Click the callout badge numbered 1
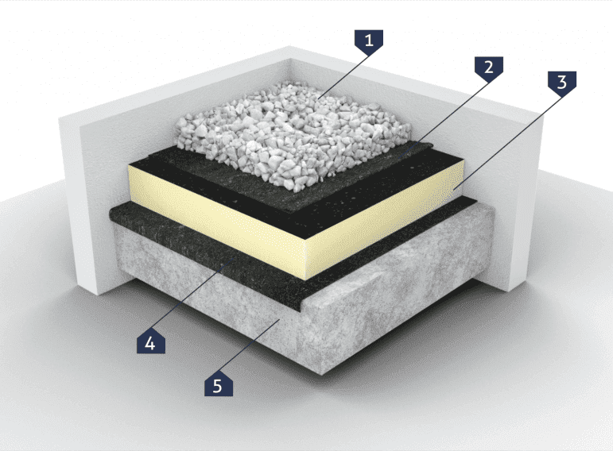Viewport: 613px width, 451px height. tap(369, 40)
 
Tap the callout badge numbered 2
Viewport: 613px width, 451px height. tap(489, 67)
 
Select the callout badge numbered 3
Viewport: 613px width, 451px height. tap(562, 82)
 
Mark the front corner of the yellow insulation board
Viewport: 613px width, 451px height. tap(306, 279)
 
